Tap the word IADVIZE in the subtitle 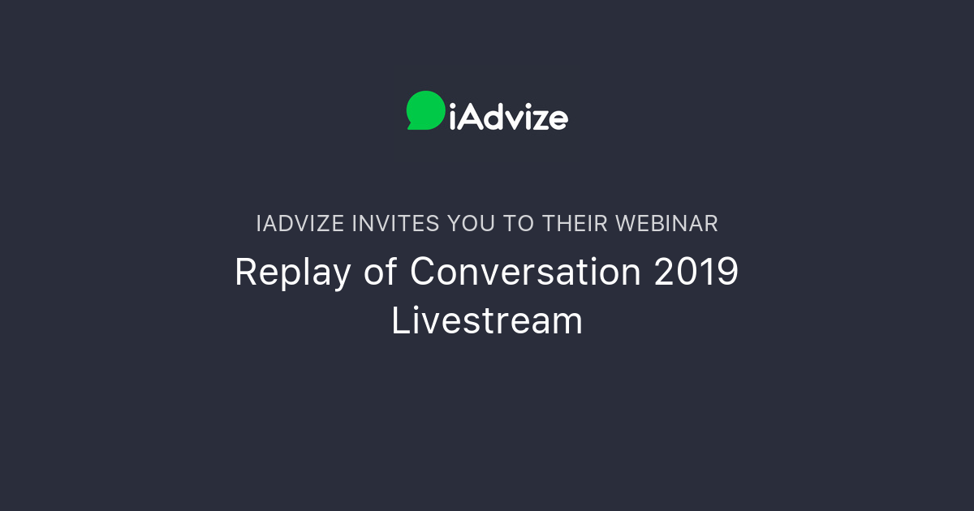pyautogui.click(x=300, y=224)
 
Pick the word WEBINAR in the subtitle pyautogui.click(x=666, y=224)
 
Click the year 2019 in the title pyautogui.click(x=696, y=273)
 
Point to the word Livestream pyautogui.click(x=487, y=320)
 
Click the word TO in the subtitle pyautogui.click(x=515, y=224)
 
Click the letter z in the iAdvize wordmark pyautogui.click(x=540, y=120)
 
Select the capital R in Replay pyautogui.click(x=245, y=273)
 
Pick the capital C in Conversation pyautogui.click(x=424, y=273)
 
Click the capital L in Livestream pyautogui.click(x=399, y=320)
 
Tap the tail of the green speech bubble pyautogui.click(x=412, y=126)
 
